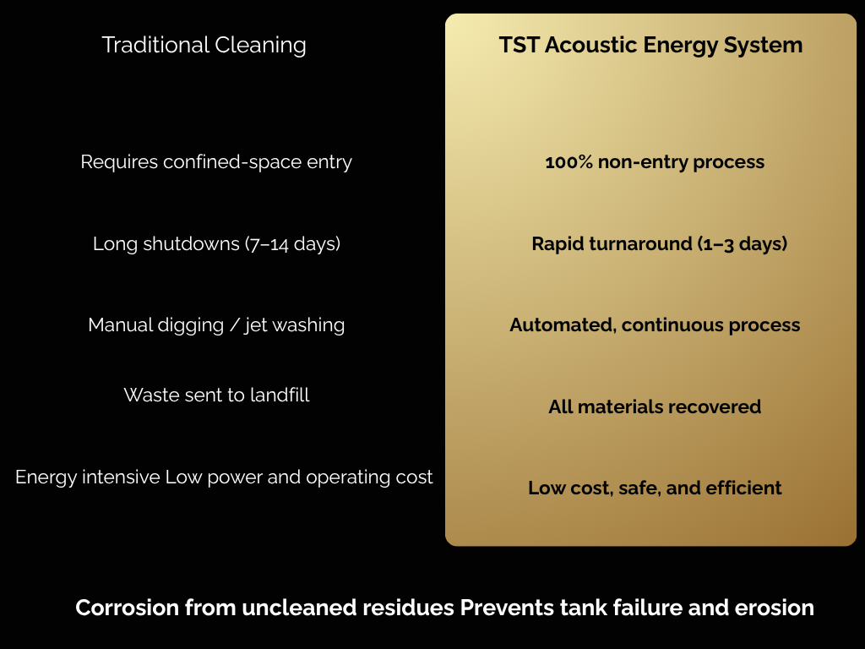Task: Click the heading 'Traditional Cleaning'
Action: (x=204, y=45)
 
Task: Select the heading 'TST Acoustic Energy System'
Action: (x=650, y=45)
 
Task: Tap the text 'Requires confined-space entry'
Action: (x=216, y=161)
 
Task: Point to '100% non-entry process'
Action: (x=655, y=162)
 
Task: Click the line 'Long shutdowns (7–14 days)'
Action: (x=216, y=244)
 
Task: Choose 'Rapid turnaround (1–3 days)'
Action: (x=659, y=244)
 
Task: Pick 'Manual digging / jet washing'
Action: (x=216, y=325)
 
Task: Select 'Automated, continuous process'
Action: (x=655, y=325)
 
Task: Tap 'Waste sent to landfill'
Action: (x=216, y=395)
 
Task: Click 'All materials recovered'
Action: (x=655, y=406)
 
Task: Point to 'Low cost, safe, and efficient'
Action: (x=655, y=488)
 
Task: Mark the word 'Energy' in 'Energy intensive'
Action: (x=43, y=477)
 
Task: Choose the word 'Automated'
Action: (x=561, y=325)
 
